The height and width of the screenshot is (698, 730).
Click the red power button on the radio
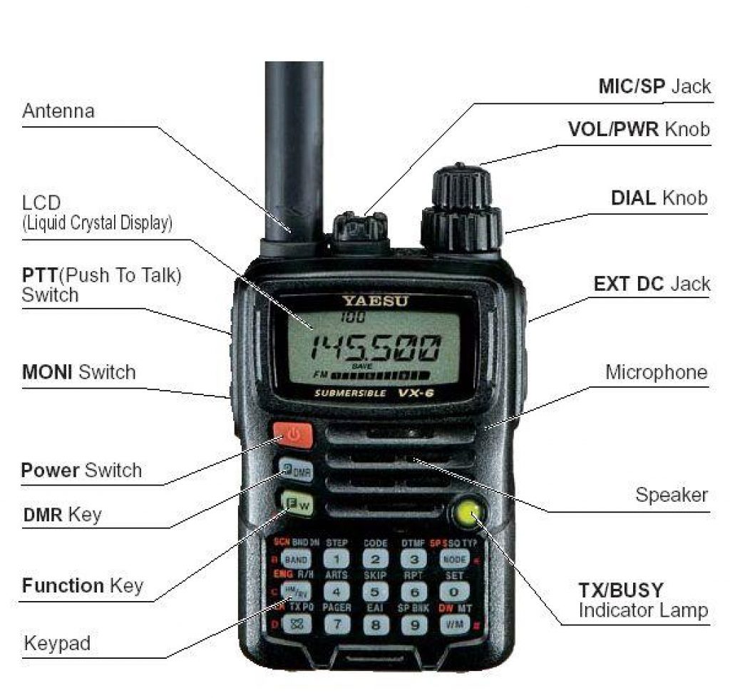[292, 435]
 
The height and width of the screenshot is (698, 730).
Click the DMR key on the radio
[293, 471]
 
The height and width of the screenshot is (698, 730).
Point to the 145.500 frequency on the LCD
[378, 349]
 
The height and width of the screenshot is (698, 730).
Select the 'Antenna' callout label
[58, 111]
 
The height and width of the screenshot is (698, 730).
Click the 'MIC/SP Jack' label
[654, 87]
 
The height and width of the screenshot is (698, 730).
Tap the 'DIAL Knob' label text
[659, 198]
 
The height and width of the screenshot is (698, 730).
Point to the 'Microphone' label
[656, 372]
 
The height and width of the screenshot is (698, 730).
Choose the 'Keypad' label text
[57, 644]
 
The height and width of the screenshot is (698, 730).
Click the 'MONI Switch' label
[78, 372]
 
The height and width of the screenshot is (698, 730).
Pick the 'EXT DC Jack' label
[652, 284]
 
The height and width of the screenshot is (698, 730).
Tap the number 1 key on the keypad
[336, 560]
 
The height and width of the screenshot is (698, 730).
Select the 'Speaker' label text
[672, 495]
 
